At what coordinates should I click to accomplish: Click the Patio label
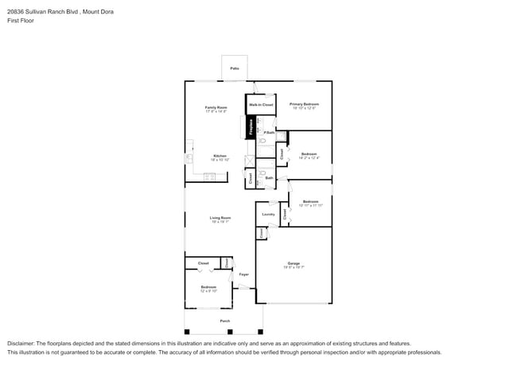(x=235, y=69)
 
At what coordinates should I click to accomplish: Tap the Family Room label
(x=216, y=107)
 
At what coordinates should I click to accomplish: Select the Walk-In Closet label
(x=261, y=105)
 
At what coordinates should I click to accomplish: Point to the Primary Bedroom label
(x=304, y=104)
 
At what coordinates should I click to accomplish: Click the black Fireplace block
(x=251, y=127)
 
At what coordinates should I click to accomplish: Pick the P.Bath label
(x=269, y=133)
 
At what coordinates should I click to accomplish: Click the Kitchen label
(x=220, y=156)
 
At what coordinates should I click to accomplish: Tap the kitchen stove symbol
(x=210, y=175)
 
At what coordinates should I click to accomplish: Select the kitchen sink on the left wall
(x=189, y=158)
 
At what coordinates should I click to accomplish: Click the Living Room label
(x=220, y=218)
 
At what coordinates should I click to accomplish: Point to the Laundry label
(x=268, y=214)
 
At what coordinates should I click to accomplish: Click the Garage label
(x=293, y=263)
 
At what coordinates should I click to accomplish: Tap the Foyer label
(x=243, y=274)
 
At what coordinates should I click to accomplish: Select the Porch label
(x=225, y=321)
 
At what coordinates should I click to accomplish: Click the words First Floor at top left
(x=21, y=21)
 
